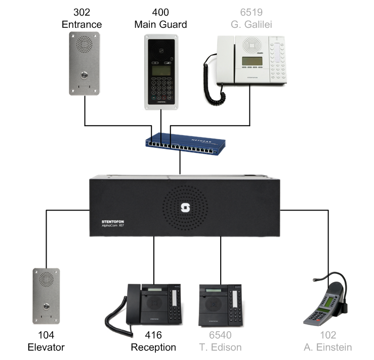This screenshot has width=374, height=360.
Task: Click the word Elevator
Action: pyautogui.click(x=46, y=347)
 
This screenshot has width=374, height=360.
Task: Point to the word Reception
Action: pyautogui.click(x=153, y=347)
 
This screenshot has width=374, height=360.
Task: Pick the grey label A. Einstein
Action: pyautogui.click(x=328, y=347)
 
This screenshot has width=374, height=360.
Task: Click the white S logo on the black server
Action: pyautogui.click(x=184, y=208)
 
